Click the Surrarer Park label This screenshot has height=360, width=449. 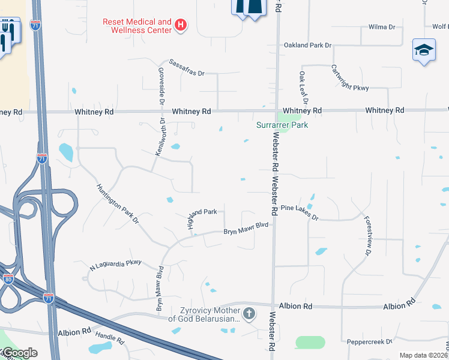click(x=282, y=125)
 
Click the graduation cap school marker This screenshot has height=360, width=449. click(x=423, y=50)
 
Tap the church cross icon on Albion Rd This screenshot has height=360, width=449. click(x=249, y=313)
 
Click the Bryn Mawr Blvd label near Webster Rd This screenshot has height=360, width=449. click(x=245, y=229)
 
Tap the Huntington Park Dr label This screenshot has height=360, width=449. click(x=118, y=204)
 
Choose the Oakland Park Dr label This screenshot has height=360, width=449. click(x=307, y=45)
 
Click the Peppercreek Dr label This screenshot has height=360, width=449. click(x=369, y=342)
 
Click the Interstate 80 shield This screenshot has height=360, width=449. click(x=8, y=279)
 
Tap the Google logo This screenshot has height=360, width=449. click(x=19, y=353)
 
